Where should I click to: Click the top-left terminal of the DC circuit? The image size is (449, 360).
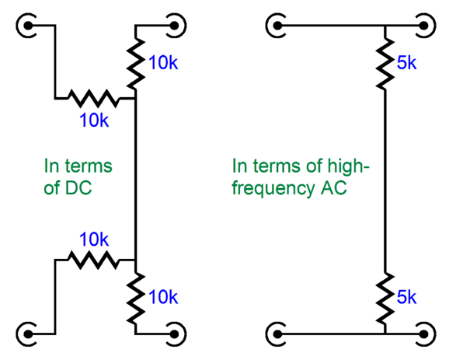coord(28,26)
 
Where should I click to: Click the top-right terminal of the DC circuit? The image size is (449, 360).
coord(174,26)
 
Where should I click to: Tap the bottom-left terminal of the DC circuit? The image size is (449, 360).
coord(28,334)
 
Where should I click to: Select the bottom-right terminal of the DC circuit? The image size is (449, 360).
coord(174,334)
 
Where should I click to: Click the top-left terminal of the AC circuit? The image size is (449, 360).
coord(277,26)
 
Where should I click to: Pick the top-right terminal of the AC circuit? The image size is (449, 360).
coord(424,26)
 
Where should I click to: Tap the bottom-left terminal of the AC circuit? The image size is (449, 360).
coord(277,334)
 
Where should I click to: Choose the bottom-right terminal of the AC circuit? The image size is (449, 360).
coord(424,334)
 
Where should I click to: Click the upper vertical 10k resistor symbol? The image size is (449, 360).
coord(135,63)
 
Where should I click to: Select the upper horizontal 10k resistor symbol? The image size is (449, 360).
coord(92,98)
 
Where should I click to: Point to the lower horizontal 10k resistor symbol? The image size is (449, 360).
coord(92,260)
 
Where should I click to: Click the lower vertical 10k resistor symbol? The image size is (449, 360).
coord(135,298)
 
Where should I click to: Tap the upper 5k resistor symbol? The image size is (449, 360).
coord(385,63)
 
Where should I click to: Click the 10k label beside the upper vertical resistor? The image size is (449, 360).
coord(163,62)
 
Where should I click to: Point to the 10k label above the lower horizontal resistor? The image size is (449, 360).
coord(94,239)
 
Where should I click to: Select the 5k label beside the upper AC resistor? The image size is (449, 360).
coord(406,62)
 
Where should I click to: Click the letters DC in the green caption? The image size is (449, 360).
coord(78,188)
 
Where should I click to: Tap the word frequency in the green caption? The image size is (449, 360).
coord(273,190)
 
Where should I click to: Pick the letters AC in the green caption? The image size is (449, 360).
coord(333,188)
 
